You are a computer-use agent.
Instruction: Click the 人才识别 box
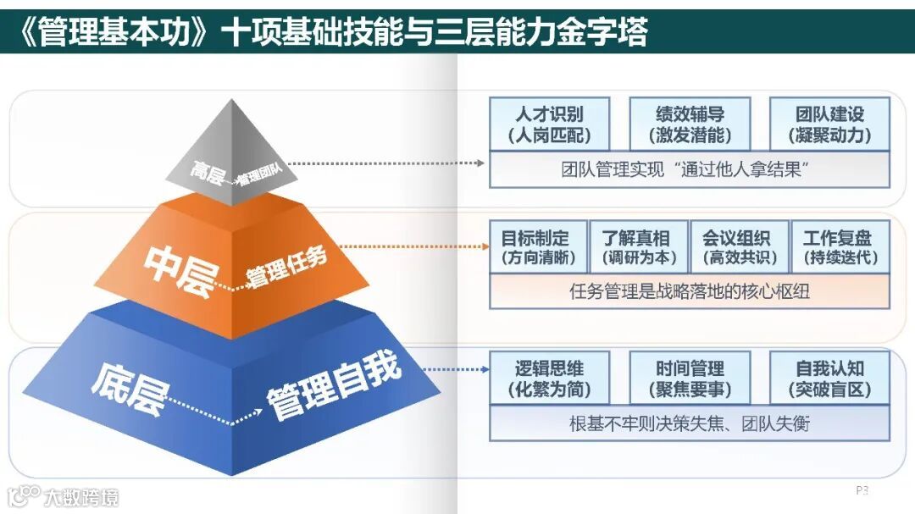[x=550, y=124]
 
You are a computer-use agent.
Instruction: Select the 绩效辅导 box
[x=690, y=124]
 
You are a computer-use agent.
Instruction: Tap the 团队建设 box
[x=829, y=124]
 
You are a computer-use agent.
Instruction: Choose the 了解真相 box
[x=636, y=247]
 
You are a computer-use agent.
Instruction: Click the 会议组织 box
[x=736, y=247]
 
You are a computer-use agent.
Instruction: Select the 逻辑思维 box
[x=550, y=379]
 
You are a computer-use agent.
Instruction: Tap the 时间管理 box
[x=690, y=379]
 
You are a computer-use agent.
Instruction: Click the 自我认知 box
[x=829, y=379]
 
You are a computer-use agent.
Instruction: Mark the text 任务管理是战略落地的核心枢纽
[x=690, y=292]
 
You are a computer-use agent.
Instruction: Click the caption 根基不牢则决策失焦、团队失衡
[x=690, y=423]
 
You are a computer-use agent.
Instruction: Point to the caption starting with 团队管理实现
[x=690, y=169]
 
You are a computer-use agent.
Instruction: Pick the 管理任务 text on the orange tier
[x=286, y=268]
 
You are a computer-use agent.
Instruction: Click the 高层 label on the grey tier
[x=208, y=174]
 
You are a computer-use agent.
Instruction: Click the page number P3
[x=862, y=490]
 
